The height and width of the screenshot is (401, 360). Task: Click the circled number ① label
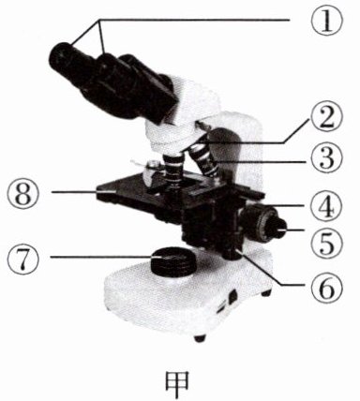coord(327,20)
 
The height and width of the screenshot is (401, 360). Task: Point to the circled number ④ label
coord(327,206)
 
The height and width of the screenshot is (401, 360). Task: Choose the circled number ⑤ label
coord(327,244)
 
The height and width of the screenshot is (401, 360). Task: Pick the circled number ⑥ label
coord(327,287)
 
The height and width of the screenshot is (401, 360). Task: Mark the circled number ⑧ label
coord(23,193)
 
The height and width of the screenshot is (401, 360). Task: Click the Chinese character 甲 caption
coord(177,383)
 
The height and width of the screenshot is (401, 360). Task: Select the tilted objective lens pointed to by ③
coord(204,160)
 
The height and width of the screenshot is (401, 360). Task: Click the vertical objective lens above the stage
coord(172,171)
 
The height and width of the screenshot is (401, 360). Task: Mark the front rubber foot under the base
coord(200,338)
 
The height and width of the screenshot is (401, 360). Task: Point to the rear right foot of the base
coord(266,293)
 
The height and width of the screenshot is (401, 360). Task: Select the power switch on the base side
coord(232,297)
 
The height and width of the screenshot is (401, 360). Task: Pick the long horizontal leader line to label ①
coord(195,20)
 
